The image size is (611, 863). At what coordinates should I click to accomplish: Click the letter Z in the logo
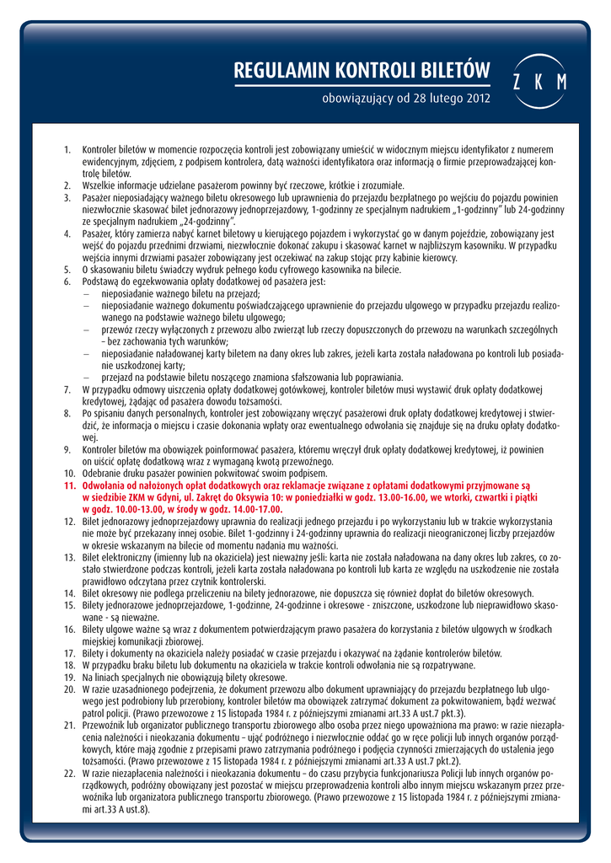(x=517, y=82)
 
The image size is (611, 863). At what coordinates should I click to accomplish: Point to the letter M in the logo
(x=561, y=82)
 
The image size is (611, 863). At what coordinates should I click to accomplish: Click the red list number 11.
(x=69, y=486)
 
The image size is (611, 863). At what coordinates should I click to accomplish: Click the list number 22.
(x=69, y=772)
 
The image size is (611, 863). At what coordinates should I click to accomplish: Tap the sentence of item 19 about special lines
(x=185, y=677)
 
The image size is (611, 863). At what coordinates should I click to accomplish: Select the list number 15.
(x=69, y=607)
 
